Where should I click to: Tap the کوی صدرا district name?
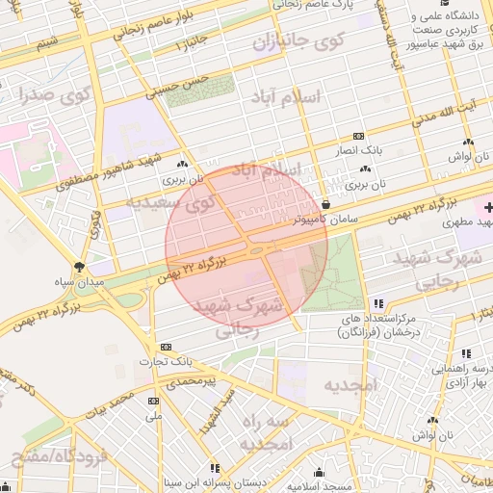point(52,96)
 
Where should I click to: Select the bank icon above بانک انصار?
point(359,137)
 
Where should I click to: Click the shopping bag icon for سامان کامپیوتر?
point(327,204)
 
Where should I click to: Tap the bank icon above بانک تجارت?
point(167,347)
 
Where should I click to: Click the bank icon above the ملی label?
point(153,401)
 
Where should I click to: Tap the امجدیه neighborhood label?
point(352,386)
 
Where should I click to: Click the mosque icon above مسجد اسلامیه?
point(320,472)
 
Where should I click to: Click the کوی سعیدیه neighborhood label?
point(169,203)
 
